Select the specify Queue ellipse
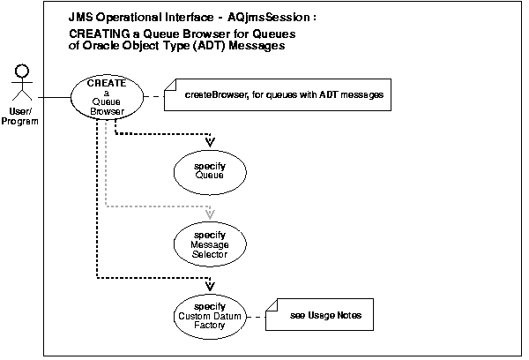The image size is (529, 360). pos(210,170)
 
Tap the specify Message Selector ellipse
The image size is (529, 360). pos(210,241)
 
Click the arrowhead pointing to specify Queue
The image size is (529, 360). pos(210,140)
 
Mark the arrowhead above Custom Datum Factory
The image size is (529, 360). pos(210,285)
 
